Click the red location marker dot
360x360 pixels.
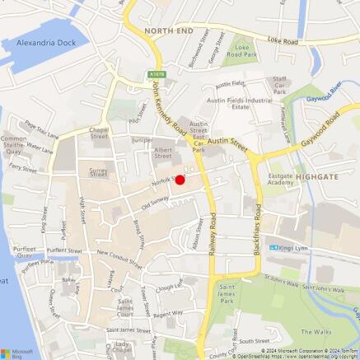coord(180,180)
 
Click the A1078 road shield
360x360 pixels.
coord(157,74)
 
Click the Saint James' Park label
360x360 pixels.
coord(229,291)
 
